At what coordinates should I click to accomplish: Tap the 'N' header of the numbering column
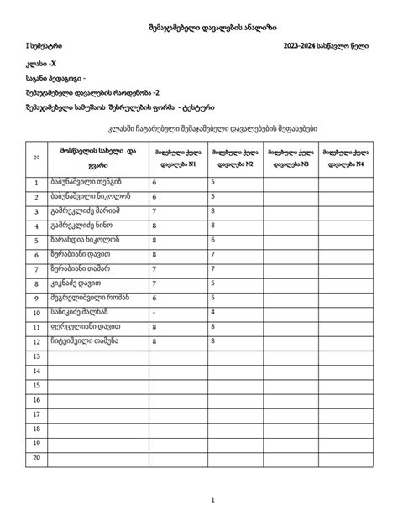[x=36, y=157]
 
